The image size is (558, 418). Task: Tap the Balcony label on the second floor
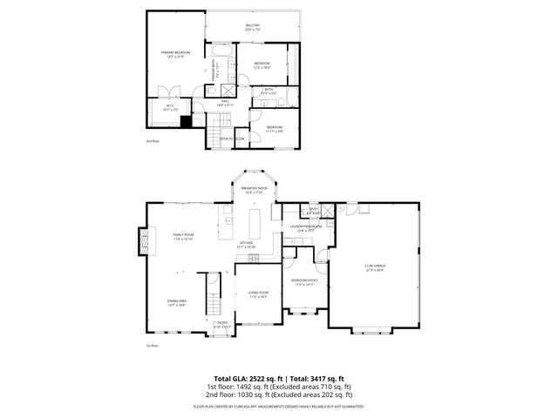[x=252, y=27]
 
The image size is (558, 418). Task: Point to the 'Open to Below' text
[x=231, y=138]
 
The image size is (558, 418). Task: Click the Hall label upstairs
[x=224, y=104]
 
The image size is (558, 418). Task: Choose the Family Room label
[x=183, y=237]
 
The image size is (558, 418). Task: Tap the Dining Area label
[x=176, y=303]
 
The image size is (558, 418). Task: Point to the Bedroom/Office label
[x=304, y=282]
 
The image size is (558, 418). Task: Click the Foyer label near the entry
[x=222, y=324]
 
